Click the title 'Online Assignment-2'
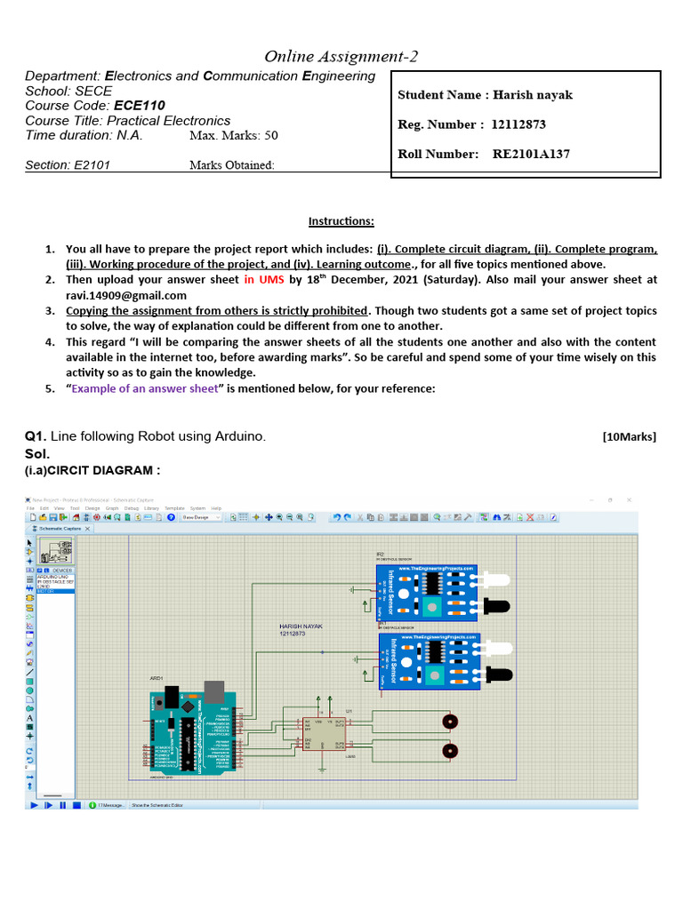tap(341, 57)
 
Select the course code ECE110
tap(140, 105)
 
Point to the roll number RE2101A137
tap(531, 154)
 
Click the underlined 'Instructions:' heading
tap(341, 220)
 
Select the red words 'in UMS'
tap(263, 279)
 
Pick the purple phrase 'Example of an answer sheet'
tap(144, 389)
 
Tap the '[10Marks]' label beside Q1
tap(629, 436)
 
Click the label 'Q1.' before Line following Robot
tap(35, 436)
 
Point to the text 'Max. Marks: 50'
tap(233, 136)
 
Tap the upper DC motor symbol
tap(451, 721)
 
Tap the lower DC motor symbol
tap(451, 751)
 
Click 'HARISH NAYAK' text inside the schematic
tap(301, 627)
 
